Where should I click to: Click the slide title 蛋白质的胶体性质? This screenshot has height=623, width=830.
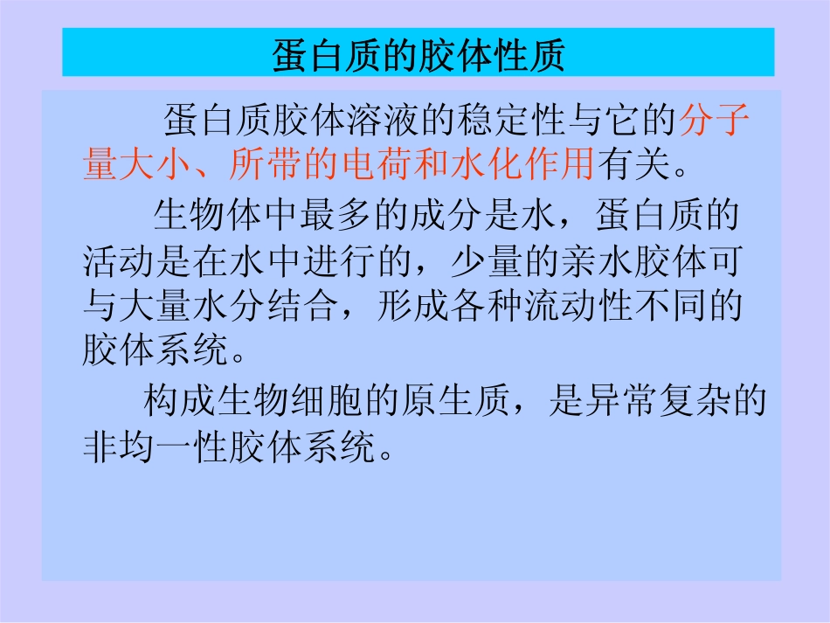pyautogui.click(x=418, y=54)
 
